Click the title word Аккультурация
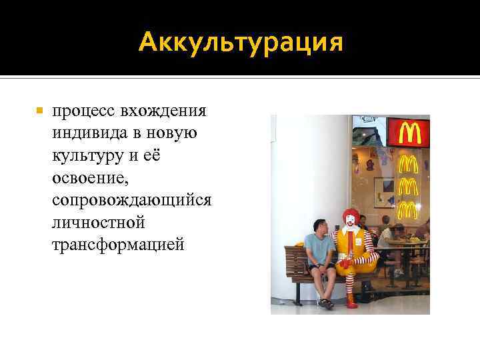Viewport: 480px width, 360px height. pos(241,44)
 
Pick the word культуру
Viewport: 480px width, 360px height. pos(89,155)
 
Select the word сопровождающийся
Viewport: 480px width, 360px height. pos(131,201)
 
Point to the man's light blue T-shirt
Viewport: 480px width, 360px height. pos(319,249)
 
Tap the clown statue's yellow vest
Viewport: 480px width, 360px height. pos(348,247)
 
